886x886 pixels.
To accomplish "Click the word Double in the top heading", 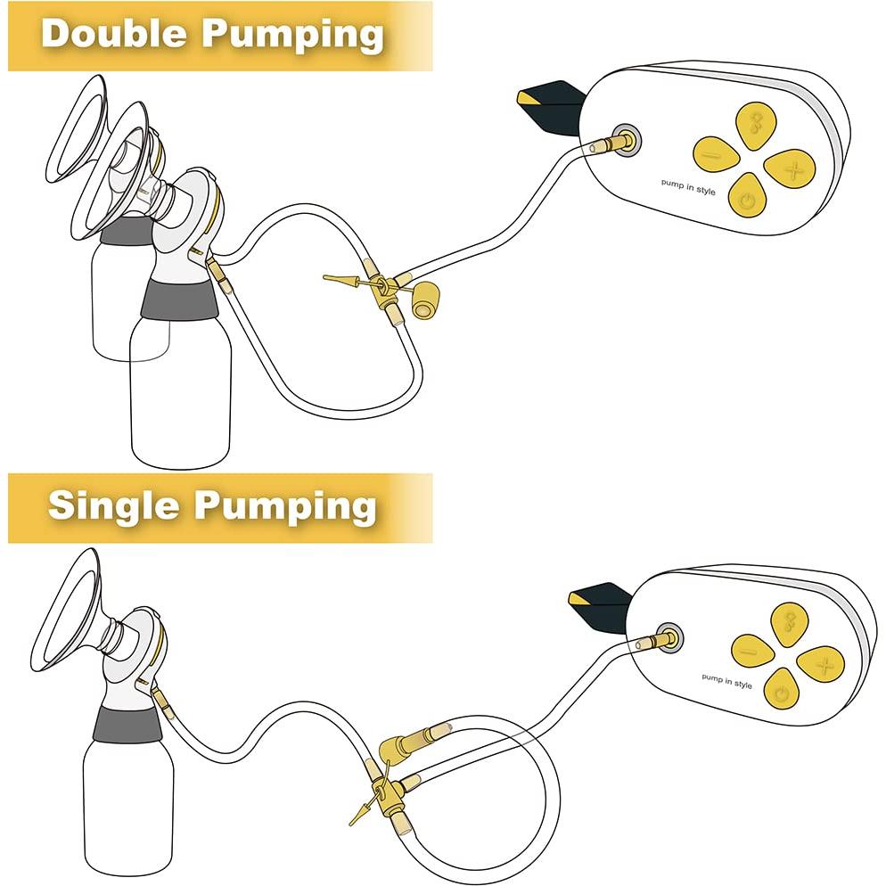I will (114, 34).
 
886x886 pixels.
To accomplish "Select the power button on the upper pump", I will (748, 198).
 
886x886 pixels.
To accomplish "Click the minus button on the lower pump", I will (754, 651).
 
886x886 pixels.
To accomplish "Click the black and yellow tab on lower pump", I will (601, 602).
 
